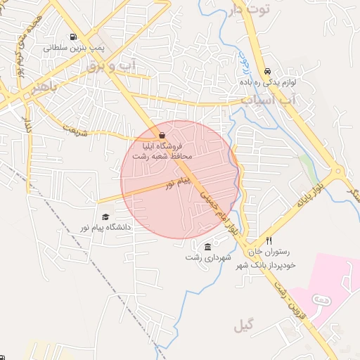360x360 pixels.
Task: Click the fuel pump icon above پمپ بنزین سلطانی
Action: [73, 38]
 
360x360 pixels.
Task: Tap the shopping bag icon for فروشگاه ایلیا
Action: [162, 135]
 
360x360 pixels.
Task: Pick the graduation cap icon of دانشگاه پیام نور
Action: [105, 217]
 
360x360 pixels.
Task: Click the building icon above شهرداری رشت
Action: [207, 247]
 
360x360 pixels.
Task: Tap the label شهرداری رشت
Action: [203, 257]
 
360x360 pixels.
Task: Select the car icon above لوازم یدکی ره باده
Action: [267, 72]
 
